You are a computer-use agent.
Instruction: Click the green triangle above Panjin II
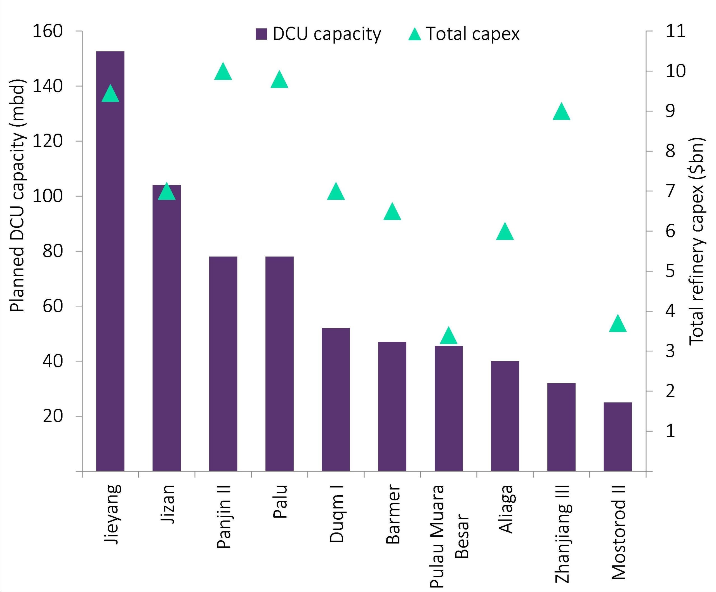click(223, 72)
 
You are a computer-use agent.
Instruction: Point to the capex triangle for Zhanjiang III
click(561, 112)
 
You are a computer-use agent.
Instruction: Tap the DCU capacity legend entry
click(319, 34)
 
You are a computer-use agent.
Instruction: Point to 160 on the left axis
click(48, 31)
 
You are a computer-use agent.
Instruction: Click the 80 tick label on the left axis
click(53, 251)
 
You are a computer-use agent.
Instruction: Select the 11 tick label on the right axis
click(675, 31)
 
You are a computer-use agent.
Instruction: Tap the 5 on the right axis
click(670, 271)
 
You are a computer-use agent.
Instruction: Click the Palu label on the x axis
click(280, 501)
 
